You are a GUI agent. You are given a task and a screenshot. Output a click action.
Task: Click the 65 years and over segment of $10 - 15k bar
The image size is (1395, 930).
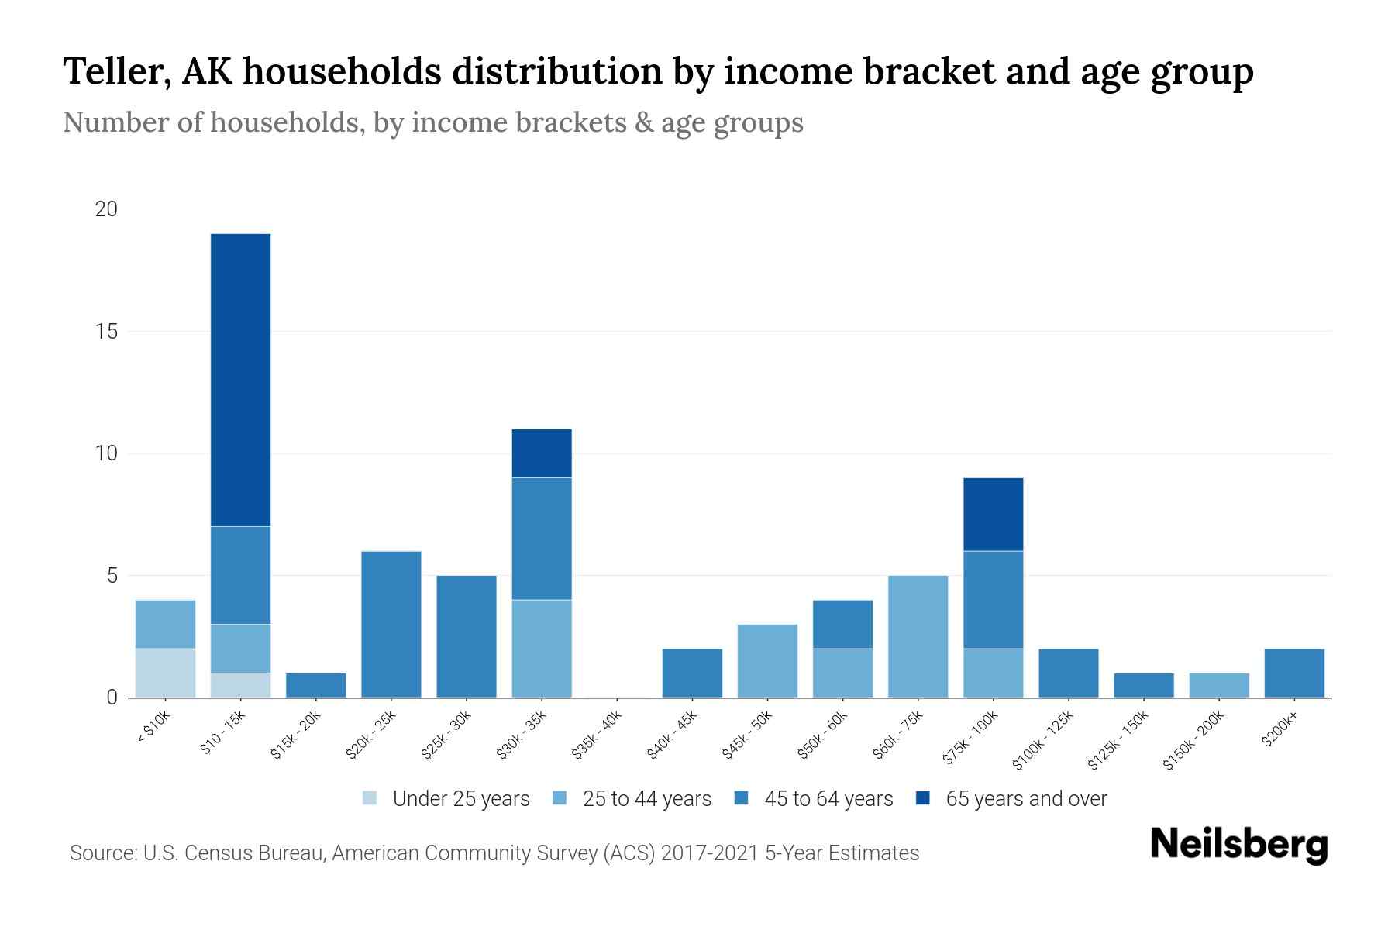[241, 380]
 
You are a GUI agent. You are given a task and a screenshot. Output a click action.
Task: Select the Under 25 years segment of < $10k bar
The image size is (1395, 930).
[165, 673]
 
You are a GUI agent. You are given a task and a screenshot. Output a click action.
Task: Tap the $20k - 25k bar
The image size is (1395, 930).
[391, 624]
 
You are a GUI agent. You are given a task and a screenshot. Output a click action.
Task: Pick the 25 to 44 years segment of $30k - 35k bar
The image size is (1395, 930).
[542, 649]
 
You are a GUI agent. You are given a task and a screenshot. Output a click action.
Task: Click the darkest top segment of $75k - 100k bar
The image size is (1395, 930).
[993, 514]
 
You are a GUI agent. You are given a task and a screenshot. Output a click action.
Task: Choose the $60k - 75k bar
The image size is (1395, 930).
[918, 636]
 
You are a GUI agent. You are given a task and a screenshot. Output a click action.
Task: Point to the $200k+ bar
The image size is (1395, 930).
[1293, 673]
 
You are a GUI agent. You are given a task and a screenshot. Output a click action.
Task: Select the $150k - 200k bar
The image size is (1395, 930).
[1218, 685]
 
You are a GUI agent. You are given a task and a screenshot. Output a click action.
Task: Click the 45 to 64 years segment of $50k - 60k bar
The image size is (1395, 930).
[842, 624]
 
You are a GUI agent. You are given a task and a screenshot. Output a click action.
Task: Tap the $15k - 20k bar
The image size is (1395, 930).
[316, 685]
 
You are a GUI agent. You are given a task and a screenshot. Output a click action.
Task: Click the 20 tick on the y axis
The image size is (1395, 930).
[105, 209]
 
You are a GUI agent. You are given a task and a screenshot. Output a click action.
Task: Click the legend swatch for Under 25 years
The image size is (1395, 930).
[370, 797]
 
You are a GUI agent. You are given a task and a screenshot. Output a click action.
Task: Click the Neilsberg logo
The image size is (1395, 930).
[1238, 844]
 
